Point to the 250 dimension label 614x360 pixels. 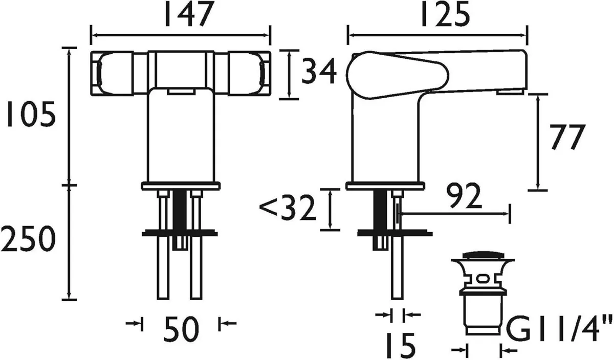point(28,239)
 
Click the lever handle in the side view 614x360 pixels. point(435,72)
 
